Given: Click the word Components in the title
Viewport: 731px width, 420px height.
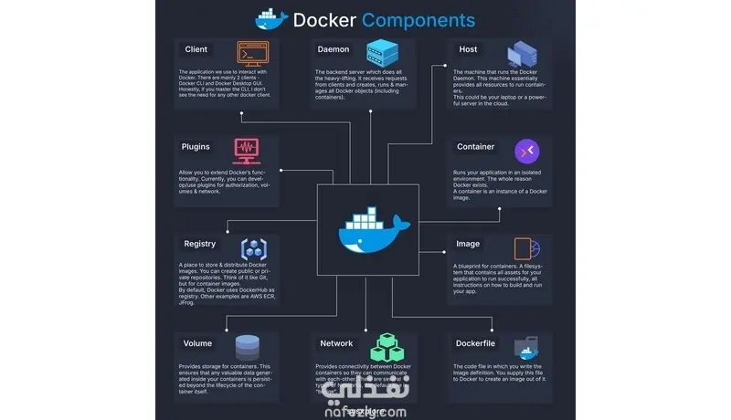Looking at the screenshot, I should coord(418,19).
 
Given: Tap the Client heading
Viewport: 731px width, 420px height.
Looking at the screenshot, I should coord(196,49).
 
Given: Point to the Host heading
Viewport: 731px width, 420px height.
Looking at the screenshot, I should coord(468,49).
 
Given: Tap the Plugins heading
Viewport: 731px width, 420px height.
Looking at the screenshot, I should coord(196,146).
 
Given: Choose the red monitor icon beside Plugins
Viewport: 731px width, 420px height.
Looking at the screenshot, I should coord(247,148).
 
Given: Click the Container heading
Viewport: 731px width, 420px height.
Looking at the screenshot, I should coord(475,146).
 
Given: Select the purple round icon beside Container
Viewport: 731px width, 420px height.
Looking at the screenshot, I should coord(527,150).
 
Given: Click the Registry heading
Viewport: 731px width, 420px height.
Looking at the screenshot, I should coord(199,244).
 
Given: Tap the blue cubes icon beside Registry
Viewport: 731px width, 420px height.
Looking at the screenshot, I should coord(253,247).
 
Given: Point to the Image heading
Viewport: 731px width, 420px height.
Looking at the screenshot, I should coord(468,244).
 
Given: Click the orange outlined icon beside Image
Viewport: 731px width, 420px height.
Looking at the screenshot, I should coord(526,248).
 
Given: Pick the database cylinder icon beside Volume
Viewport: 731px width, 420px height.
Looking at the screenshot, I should coord(247,347).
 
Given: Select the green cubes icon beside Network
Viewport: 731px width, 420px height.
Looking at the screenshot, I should coord(384,347).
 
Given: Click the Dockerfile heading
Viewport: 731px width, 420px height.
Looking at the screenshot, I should coord(475,343).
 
